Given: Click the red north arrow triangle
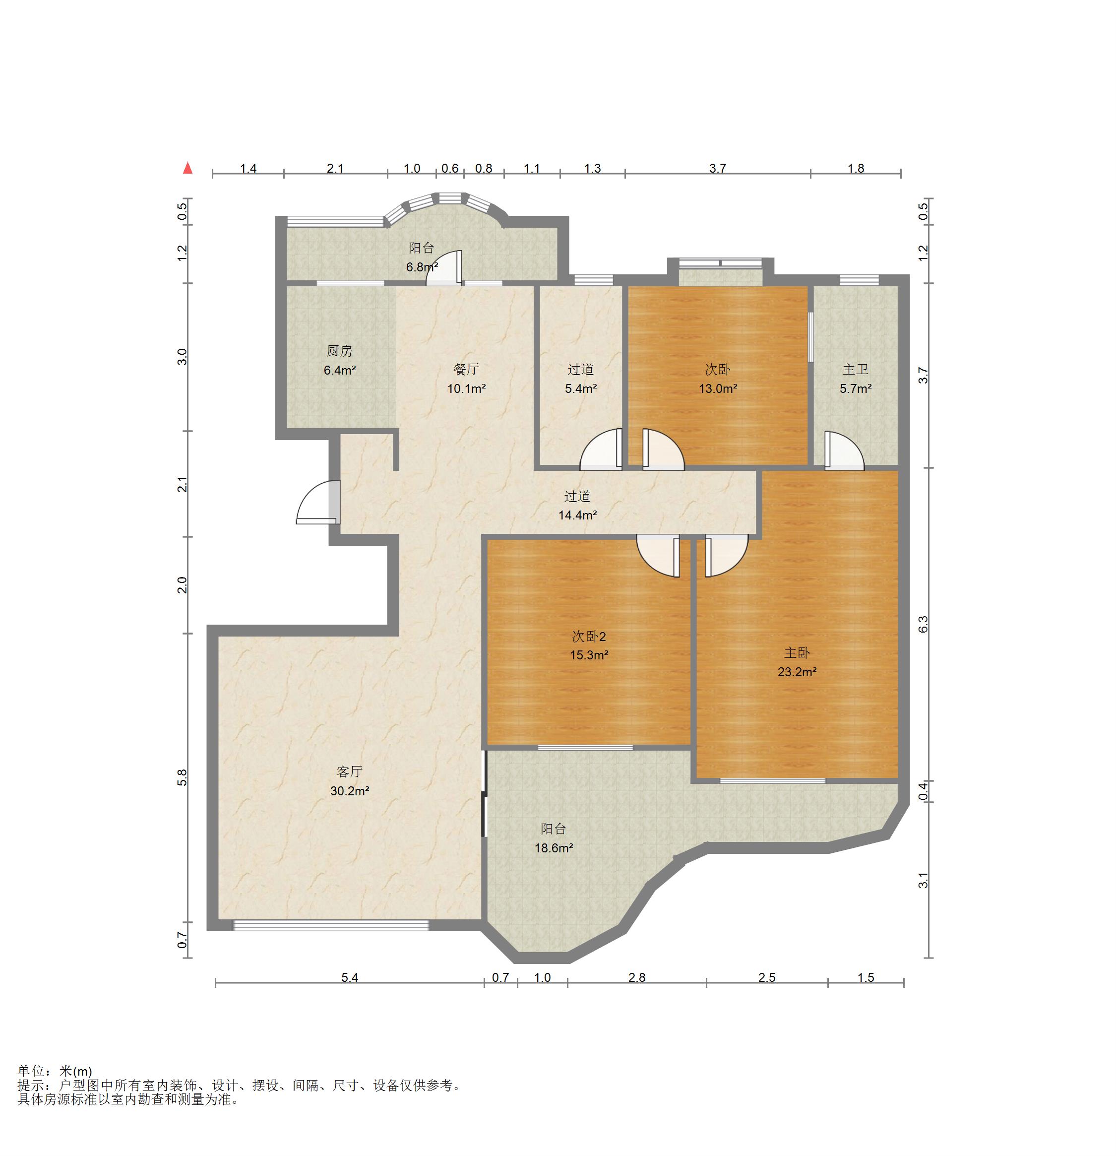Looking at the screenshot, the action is coord(187,168).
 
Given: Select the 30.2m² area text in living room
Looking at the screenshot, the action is coord(350,791).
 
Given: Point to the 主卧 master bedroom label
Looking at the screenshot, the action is coord(797,653).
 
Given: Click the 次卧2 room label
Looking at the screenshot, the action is coord(589,637).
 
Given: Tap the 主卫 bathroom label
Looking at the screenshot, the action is coord(856,370).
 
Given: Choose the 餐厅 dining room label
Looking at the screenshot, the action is coord(466,370).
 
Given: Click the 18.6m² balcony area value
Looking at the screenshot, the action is coord(554,848).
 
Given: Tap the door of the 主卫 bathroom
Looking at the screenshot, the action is coord(844,451).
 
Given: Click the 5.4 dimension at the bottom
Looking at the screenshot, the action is coord(350,977).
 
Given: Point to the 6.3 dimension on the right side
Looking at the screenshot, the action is coord(923,624).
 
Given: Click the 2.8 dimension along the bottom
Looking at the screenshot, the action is coord(637,977).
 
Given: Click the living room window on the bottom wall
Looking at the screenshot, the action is coord(331,925).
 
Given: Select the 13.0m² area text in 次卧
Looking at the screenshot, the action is coord(718,388).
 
